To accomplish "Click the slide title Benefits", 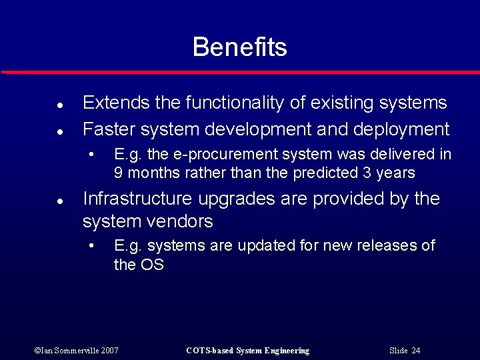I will tap(239, 47).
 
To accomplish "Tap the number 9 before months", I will tap(118, 173).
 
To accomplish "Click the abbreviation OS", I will tap(152, 264).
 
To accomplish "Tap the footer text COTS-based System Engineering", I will tap(247, 351).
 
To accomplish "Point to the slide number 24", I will tap(416, 351).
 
